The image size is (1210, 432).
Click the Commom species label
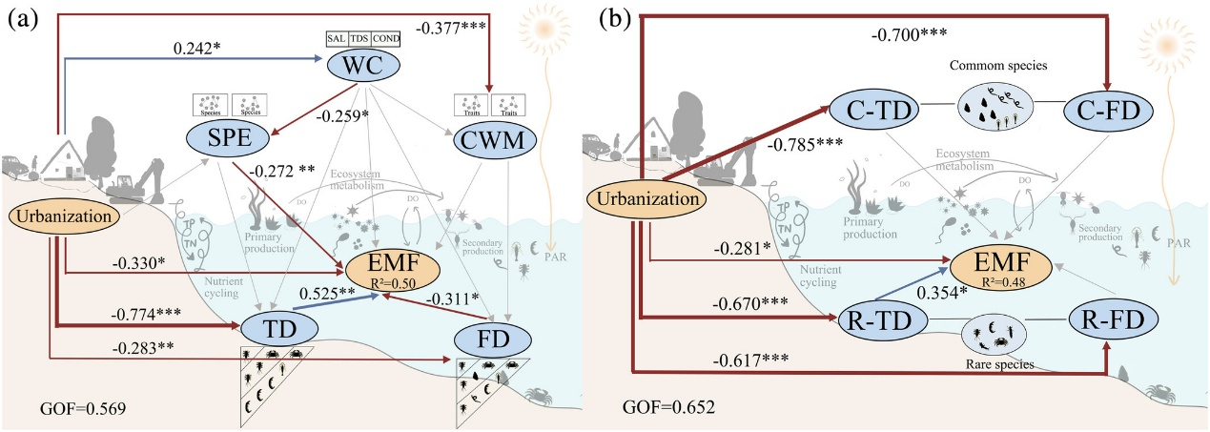pyautogui.click(x=992, y=69)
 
